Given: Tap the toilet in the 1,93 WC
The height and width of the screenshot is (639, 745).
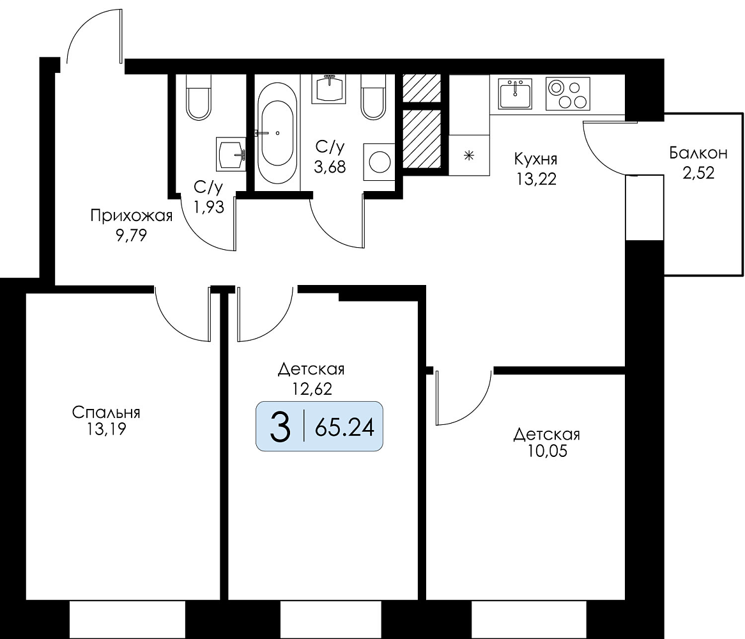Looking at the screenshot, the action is tap(198, 97).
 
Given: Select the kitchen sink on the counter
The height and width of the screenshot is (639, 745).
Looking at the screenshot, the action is tap(515, 93).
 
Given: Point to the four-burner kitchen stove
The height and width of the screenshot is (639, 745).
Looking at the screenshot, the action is tap(568, 93).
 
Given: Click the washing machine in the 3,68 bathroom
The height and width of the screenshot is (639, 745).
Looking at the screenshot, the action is tap(379, 162).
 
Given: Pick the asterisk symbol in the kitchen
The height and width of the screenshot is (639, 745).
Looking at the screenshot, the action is tap(469, 155).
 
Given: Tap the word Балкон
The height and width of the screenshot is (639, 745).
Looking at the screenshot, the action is tap(698, 153).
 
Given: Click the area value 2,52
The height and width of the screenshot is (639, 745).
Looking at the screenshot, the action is tap(698, 173).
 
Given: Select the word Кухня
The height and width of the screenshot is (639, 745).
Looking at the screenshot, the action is tap(535, 158).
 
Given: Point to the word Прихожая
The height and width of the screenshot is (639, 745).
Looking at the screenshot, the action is tap(131, 217).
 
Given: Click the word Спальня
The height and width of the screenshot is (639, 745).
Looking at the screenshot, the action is tap(106, 412).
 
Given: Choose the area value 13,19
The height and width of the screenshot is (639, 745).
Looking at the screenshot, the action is tap(106, 429).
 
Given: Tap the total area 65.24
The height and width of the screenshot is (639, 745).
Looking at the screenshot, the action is tap(344, 428).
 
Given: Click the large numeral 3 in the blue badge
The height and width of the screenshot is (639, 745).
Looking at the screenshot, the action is tap(280, 427).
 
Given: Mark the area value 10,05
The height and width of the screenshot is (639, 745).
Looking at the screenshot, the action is tap(547, 450).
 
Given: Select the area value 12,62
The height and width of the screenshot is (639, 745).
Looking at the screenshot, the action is tap(312, 389).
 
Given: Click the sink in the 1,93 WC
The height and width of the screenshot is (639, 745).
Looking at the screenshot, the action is tap(231, 154).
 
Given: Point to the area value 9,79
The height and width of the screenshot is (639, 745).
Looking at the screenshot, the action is tap(131, 235).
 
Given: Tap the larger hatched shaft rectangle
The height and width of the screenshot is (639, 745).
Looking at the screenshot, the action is tap(422, 139).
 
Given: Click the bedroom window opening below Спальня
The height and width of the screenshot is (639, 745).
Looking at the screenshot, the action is tap(127, 620).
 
